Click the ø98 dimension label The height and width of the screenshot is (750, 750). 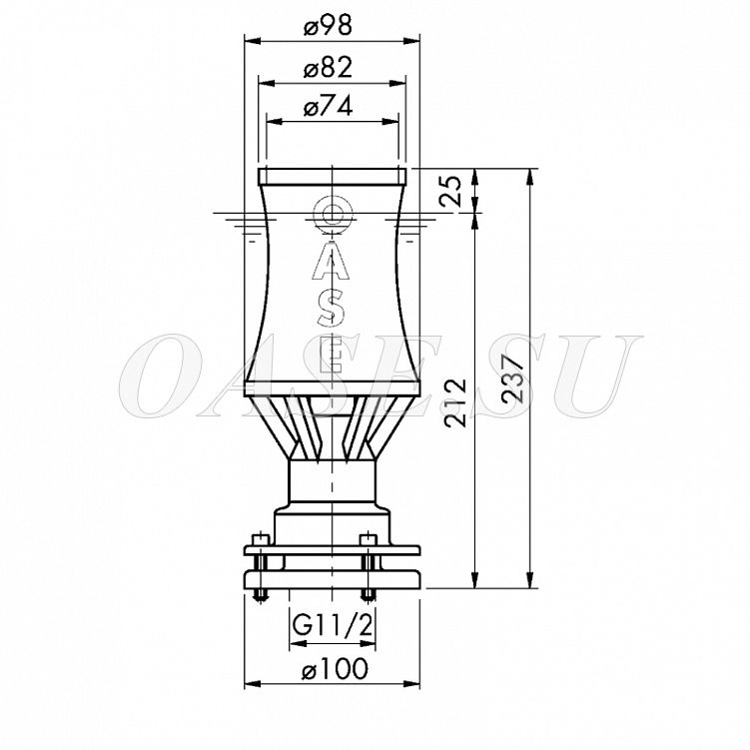[329, 26]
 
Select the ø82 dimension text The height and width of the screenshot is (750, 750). [329, 68]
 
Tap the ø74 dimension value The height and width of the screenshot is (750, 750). [329, 106]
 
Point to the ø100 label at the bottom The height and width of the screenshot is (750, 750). [335, 668]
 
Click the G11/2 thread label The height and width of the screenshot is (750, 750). [333, 625]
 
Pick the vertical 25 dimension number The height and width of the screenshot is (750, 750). [450, 191]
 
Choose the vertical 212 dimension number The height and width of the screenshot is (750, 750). [454, 402]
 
